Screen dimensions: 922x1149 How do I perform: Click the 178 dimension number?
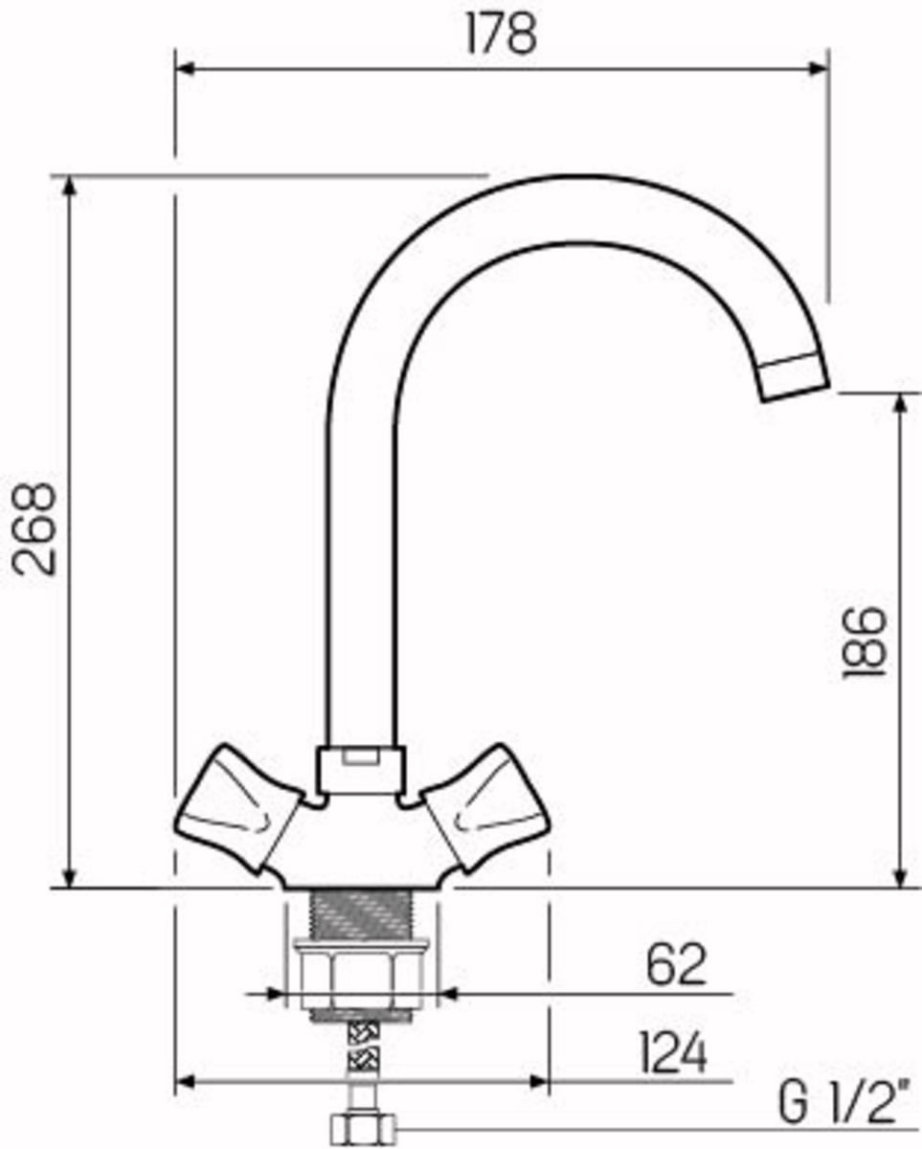click(501, 34)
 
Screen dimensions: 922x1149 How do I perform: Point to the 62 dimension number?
click(676, 965)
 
